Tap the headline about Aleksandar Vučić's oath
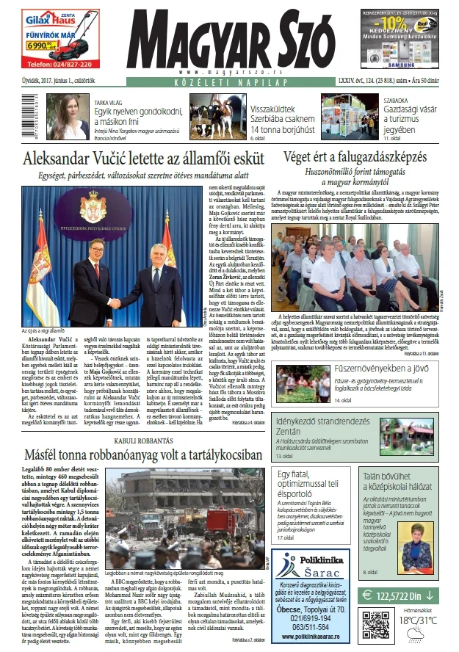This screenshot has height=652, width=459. pos(142,159)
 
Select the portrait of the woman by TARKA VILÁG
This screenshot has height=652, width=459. pos(74,117)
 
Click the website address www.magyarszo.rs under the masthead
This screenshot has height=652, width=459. pos(230,72)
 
